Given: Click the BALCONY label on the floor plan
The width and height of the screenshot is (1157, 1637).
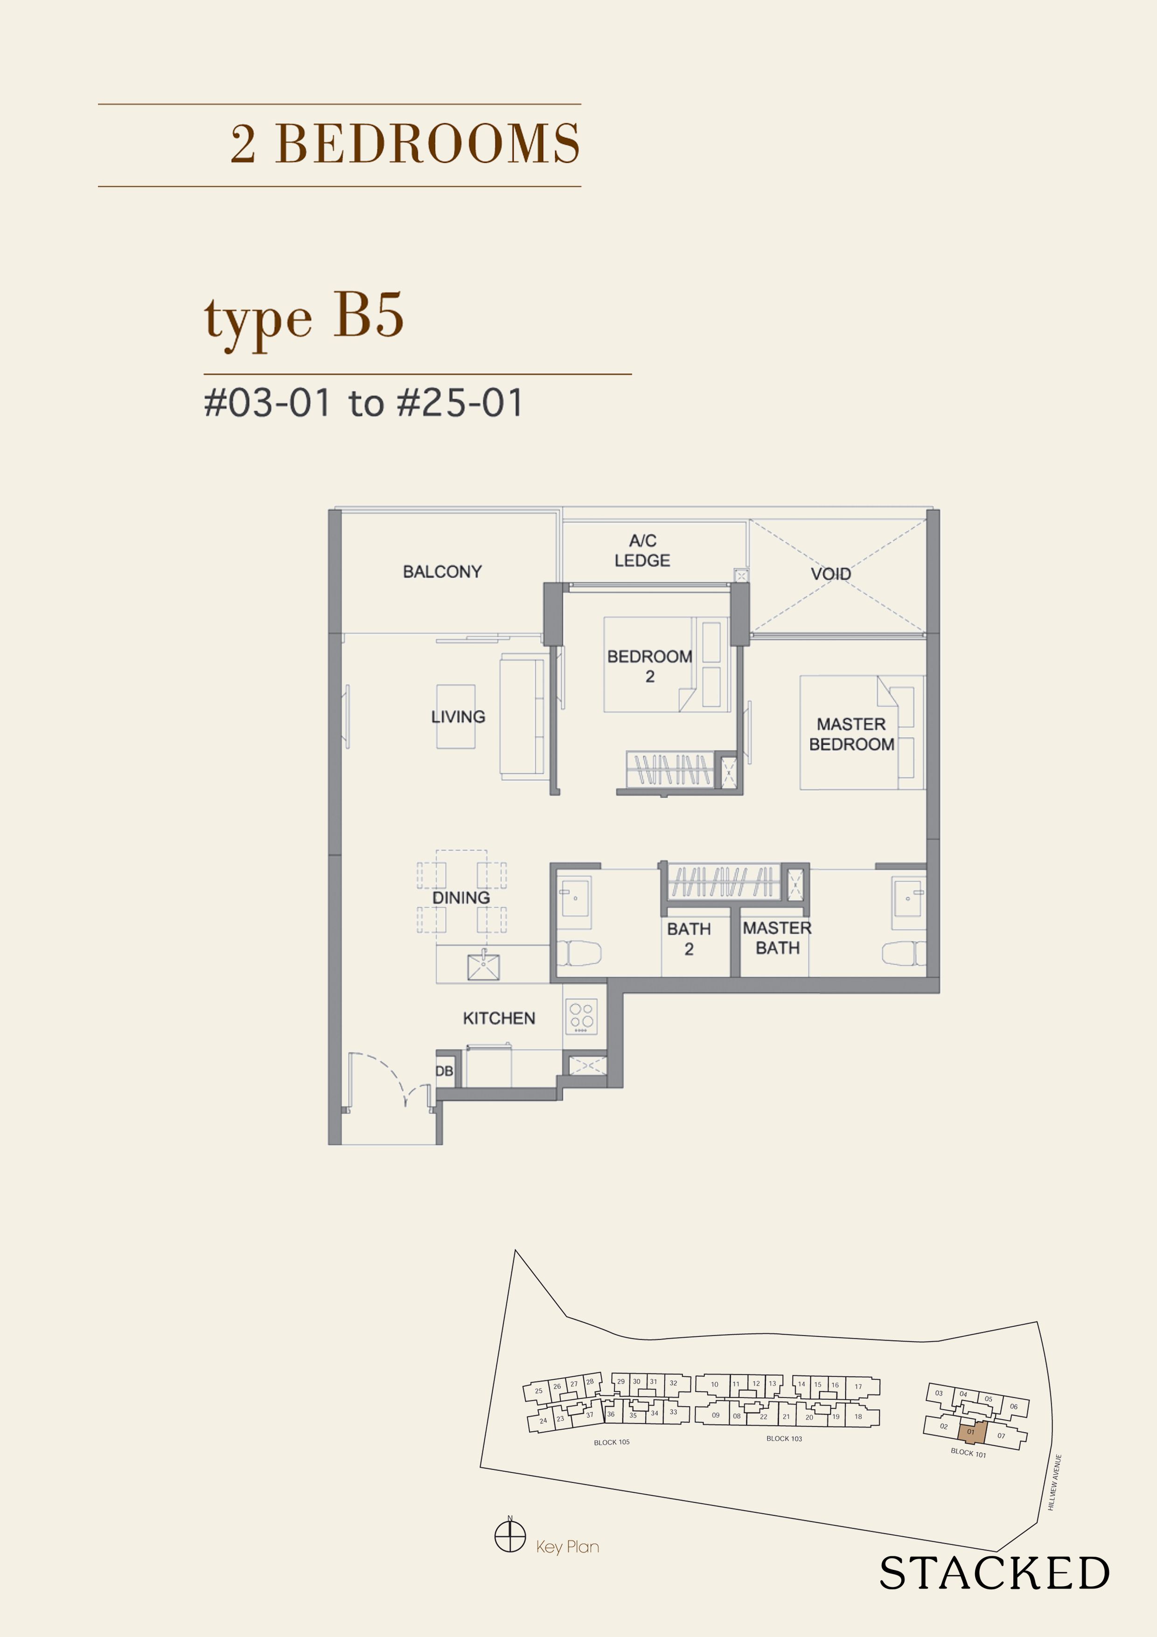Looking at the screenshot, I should click(x=442, y=572).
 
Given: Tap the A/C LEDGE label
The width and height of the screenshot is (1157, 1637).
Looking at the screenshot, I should click(x=642, y=551).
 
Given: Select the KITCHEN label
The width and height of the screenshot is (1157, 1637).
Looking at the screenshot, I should click(x=499, y=1018).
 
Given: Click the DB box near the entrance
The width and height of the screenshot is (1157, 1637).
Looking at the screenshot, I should click(x=444, y=1071).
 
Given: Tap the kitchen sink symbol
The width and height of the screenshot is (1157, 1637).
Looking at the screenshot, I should click(x=483, y=966).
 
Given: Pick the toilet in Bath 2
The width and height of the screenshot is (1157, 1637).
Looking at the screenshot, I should click(x=579, y=952).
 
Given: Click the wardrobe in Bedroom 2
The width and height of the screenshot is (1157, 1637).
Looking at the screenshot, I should click(x=670, y=769).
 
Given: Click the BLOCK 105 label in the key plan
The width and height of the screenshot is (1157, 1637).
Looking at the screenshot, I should click(x=612, y=1442).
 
